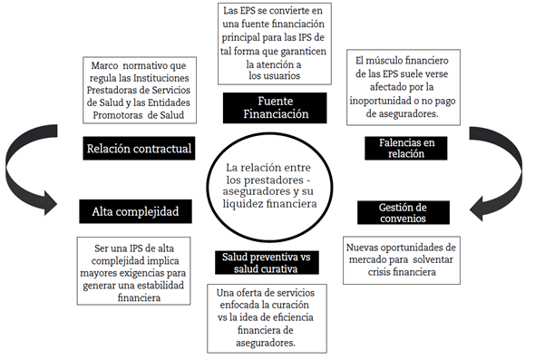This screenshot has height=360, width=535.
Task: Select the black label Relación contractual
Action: click(139, 149)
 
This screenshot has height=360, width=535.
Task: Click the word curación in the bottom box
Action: click(289, 306)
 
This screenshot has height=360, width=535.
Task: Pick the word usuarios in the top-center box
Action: click(273, 76)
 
